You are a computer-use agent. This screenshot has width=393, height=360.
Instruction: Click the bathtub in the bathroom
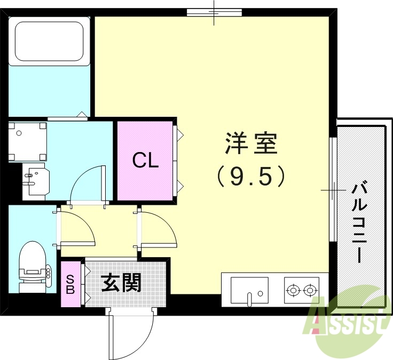(x=51, y=40)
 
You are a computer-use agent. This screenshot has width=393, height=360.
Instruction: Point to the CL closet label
(x=145, y=160)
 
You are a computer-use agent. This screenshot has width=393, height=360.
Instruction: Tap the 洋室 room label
(x=250, y=143)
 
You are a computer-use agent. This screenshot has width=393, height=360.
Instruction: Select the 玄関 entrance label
(x=122, y=283)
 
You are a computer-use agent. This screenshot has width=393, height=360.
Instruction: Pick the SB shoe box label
(x=70, y=283)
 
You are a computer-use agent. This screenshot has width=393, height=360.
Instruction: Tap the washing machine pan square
(x=28, y=141)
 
